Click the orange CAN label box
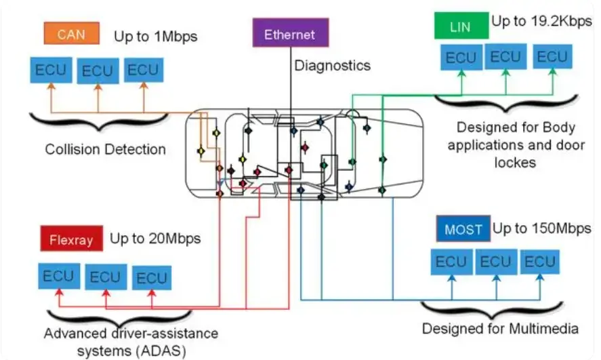[72, 33]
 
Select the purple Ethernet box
[291, 33]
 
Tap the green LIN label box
[461, 26]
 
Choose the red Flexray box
[72, 239]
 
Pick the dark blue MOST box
[463, 229]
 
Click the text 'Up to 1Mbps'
[156, 37]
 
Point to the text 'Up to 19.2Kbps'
[541, 21]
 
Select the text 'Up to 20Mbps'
[155, 239]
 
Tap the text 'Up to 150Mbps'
[542, 228]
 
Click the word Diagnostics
[332, 66]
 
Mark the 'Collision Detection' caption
[106, 149]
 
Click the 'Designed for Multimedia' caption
[500, 329]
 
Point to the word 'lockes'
[515, 163]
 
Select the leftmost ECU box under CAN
[51, 70]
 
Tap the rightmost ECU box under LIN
[552, 57]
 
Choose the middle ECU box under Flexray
[106, 277]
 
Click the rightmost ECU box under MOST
[539, 262]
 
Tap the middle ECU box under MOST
[496, 262]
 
